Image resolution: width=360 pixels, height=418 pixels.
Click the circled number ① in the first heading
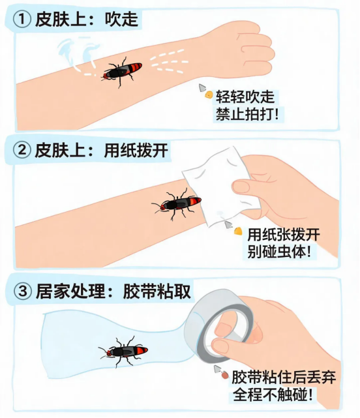(x=22, y=20)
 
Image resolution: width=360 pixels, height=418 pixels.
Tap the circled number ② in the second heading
(x=22, y=150)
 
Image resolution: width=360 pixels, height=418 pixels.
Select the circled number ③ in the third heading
(x=23, y=291)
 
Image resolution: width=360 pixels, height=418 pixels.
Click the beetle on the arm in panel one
(x=121, y=72)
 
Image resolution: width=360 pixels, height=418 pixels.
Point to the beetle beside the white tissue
(x=176, y=203)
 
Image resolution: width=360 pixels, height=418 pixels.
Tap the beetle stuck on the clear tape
(x=123, y=351)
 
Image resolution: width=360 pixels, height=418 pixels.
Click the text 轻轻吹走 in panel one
(x=245, y=97)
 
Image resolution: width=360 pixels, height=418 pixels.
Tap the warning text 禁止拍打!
(x=247, y=114)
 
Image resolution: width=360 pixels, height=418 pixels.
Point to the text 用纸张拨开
(x=284, y=234)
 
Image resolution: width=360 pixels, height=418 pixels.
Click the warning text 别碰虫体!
(x=279, y=251)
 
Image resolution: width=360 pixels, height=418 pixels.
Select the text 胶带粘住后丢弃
(x=284, y=377)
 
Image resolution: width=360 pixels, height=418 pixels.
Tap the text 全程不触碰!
(x=273, y=395)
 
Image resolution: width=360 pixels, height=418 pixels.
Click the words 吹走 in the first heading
(x=121, y=20)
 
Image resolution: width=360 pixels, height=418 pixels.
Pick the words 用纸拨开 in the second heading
(x=136, y=150)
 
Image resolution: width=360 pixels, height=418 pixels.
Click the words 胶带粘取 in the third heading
(x=157, y=291)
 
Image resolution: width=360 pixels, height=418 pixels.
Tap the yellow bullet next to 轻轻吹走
(x=209, y=95)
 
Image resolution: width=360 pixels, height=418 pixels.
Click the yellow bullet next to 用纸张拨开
(x=238, y=231)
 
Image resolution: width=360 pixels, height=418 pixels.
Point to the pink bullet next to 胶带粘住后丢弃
(x=225, y=376)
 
